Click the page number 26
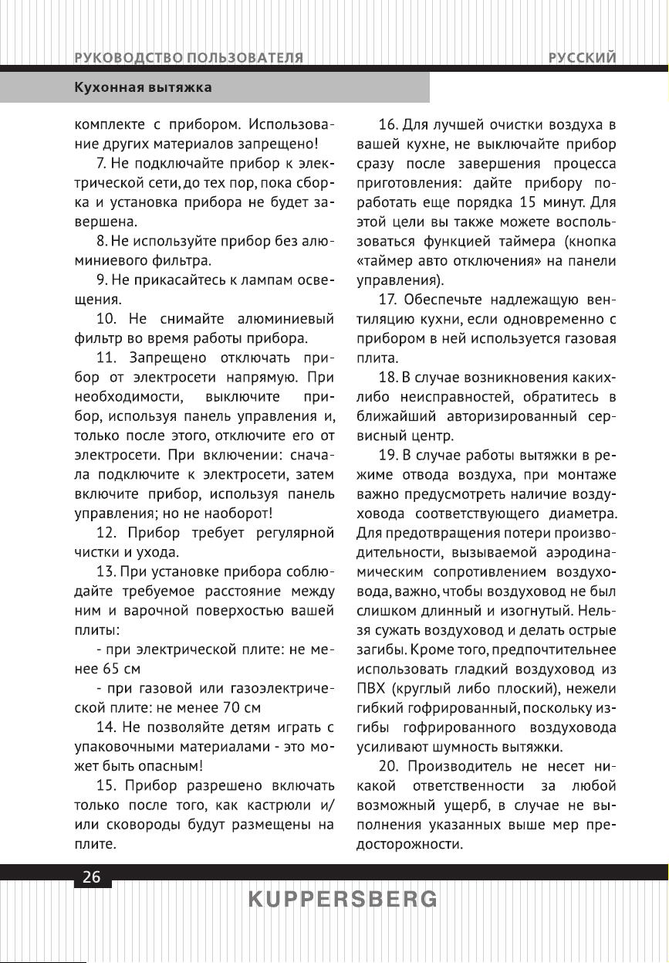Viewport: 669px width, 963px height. (92, 877)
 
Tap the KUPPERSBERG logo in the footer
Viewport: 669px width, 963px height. (343, 900)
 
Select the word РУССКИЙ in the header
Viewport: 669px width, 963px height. (583, 58)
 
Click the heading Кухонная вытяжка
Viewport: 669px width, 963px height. (143, 88)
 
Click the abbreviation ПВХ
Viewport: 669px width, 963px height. (371, 687)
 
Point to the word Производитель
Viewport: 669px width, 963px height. (457, 767)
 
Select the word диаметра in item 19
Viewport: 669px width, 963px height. (583, 513)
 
